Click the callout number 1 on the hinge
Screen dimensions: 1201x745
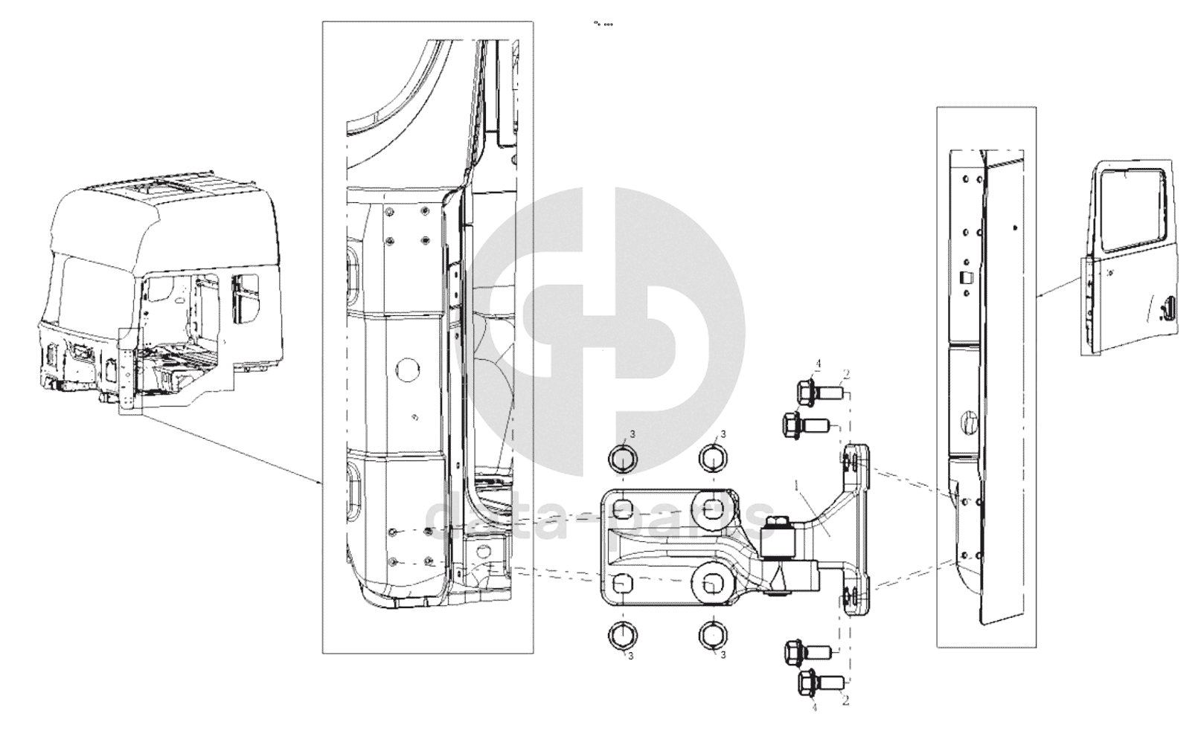(797, 486)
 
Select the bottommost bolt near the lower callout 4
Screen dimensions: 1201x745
(818, 680)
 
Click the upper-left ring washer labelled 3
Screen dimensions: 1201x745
(623, 458)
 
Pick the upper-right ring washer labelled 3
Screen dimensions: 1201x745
(712, 457)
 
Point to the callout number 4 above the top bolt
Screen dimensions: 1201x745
(818, 364)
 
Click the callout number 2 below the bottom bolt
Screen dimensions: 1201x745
(846, 700)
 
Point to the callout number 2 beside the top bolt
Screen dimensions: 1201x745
(846, 374)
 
